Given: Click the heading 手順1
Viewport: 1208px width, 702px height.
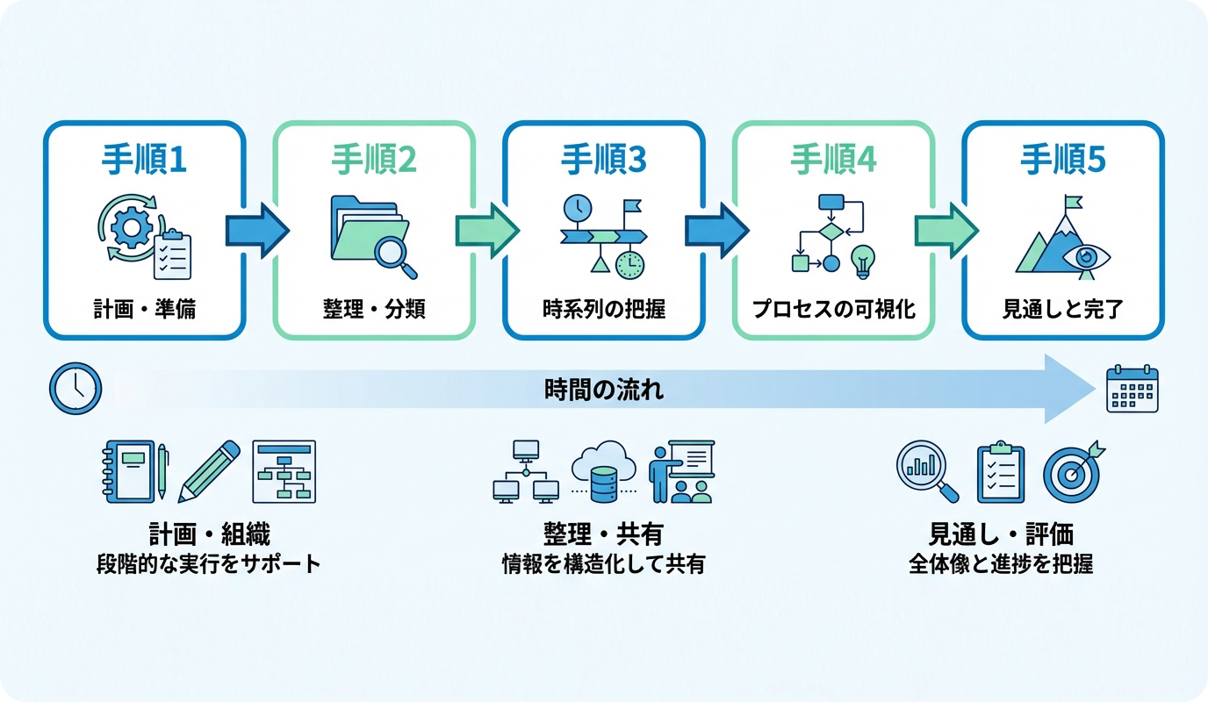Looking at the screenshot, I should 144,160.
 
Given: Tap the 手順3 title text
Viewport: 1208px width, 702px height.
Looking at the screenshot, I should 603,160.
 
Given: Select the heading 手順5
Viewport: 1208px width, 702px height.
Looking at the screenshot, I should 1062,160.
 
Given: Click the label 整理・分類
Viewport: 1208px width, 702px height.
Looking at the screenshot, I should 374,309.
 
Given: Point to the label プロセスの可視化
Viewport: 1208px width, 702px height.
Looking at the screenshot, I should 833,309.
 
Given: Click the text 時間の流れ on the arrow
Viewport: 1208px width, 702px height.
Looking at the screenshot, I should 604,389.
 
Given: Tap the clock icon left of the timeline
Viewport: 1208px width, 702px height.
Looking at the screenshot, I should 75,388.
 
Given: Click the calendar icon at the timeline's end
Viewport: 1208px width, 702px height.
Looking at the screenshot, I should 1132,388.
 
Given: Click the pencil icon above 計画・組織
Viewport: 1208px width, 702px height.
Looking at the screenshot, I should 209,471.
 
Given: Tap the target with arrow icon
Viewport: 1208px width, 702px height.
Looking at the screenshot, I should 1073,472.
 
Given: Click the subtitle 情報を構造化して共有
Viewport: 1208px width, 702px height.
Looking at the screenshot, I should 603,563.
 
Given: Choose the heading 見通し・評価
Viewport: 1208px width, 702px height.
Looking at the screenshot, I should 1001,534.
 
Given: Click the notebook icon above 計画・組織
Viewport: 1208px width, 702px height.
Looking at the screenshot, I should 130,471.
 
